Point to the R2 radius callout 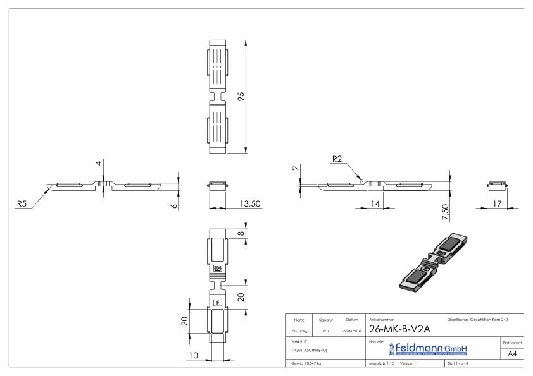(x=339, y=161)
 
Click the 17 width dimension (x=498, y=203)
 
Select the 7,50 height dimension (x=446, y=212)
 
